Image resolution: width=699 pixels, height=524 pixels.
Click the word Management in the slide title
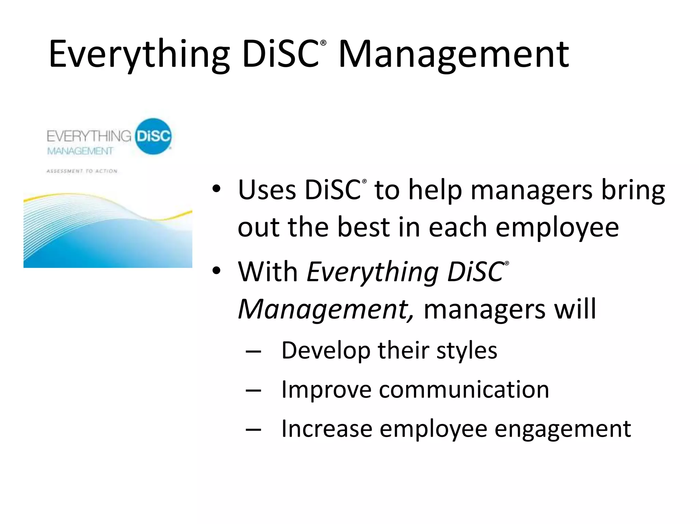pos(453,55)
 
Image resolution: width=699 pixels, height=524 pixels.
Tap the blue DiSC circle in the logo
pos(153,136)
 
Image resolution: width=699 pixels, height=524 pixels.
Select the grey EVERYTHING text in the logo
pos(89,136)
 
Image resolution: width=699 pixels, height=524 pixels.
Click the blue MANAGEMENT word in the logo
pos(80,151)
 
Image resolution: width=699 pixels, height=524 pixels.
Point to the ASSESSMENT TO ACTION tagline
pos(82,171)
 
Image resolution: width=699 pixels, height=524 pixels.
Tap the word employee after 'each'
pos(557,228)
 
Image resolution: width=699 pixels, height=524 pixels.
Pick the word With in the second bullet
pos(268,272)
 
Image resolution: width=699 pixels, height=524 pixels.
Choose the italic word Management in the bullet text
pos(326,309)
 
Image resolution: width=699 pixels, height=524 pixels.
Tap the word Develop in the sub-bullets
pos(326,351)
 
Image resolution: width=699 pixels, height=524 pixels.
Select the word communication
pos(464,390)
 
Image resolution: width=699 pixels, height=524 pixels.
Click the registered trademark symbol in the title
pos(324,43)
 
